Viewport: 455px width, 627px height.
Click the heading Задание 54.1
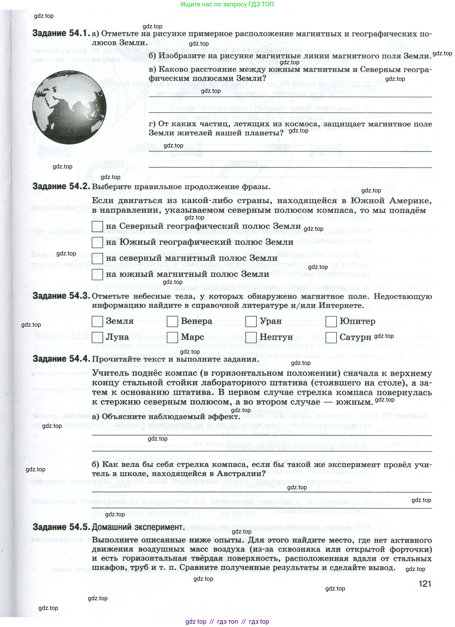(x=61, y=34)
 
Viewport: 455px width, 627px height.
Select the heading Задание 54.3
(x=61, y=296)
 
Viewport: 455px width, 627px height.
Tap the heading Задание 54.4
(x=61, y=359)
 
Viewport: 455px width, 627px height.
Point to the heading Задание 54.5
(x=61, y=527)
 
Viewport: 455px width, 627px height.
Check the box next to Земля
(x=97, y=322)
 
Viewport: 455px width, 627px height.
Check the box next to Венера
(x=173, y=322)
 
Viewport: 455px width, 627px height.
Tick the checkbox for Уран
(x=251, y=322)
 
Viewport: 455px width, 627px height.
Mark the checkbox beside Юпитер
(x=331, y=322)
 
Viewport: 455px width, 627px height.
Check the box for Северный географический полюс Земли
(x=97, y=226)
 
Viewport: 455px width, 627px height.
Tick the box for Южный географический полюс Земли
(x=97, y=242)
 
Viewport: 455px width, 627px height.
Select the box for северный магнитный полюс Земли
(x=97, y=258)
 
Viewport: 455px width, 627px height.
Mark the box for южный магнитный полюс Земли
(x=97, y=275)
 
